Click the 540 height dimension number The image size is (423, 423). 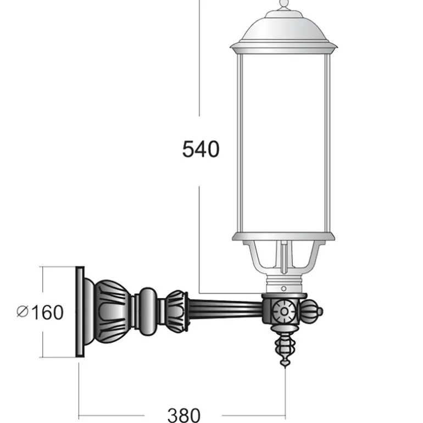[x=201, y=149]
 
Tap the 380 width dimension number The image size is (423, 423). [x=184, y=415]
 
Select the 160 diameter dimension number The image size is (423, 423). [x=47, y=312]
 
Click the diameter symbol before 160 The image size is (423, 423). [x=22, y=311]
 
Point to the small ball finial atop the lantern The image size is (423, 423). [x=283, y=3]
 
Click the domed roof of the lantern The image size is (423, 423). [x=283, y=27]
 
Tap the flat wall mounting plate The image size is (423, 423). [x=80, y=311]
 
